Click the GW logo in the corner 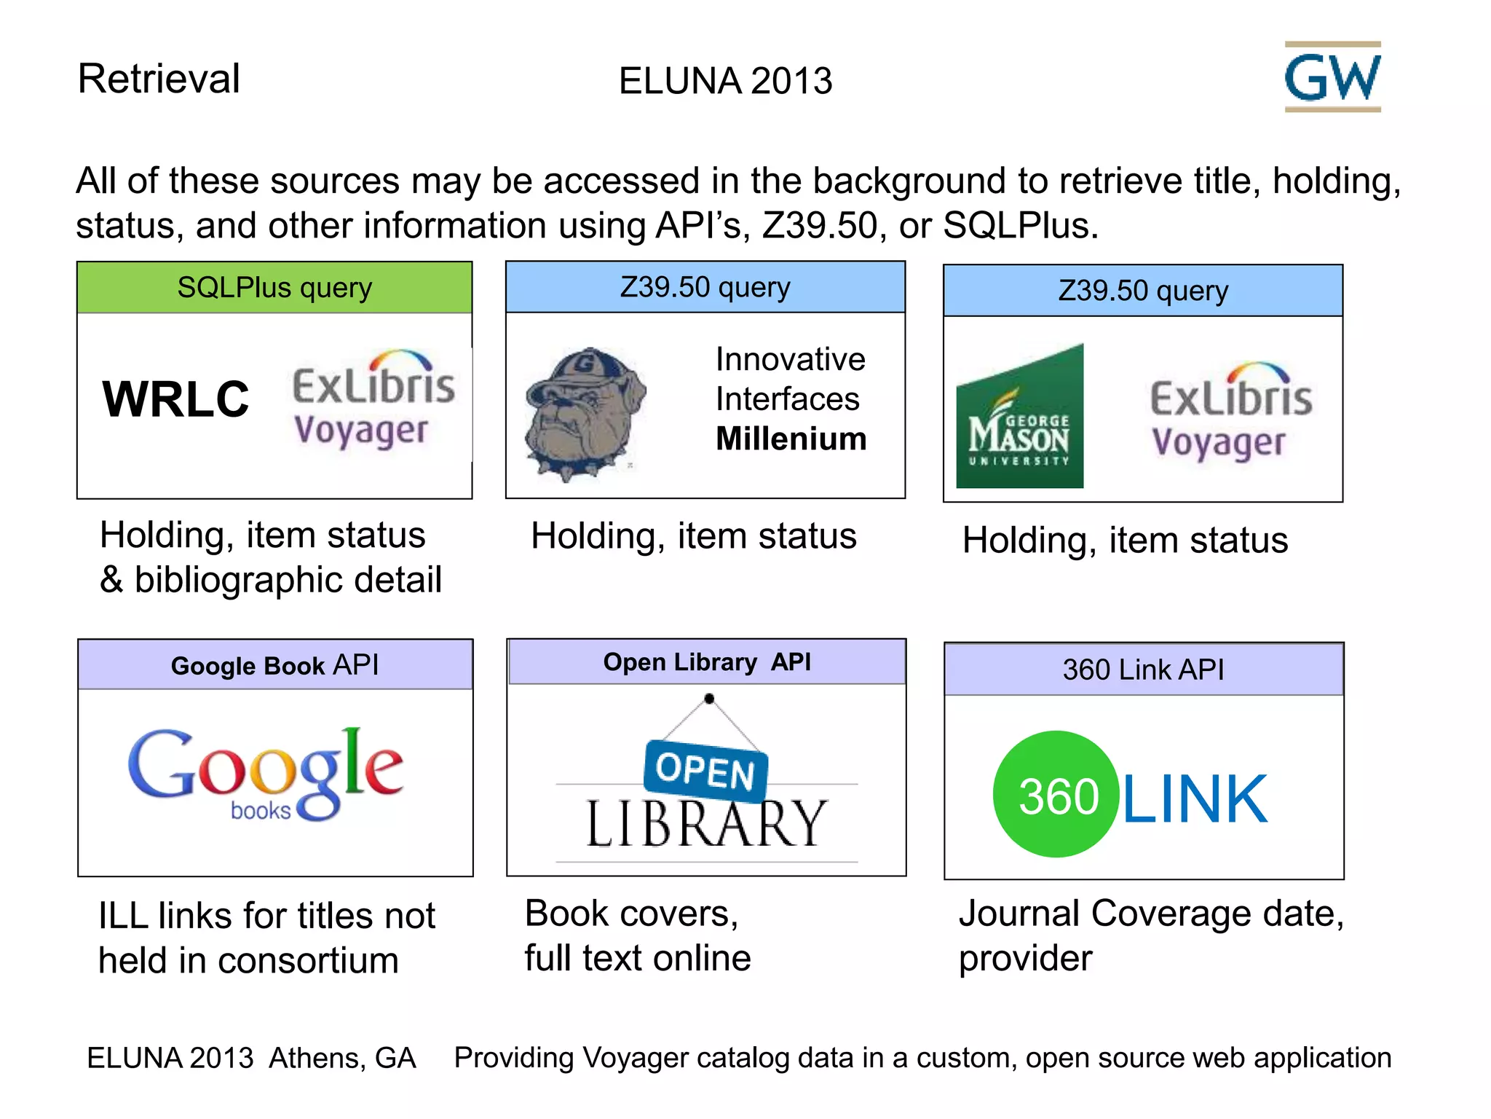1332,77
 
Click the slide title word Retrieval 159,79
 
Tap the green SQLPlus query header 274,288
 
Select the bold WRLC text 175,399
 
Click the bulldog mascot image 585,413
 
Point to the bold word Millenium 791,439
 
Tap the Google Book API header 274,665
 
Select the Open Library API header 706,662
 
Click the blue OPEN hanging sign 705,769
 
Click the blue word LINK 1195,799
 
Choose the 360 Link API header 1143,670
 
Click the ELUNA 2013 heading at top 725,81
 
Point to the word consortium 309,961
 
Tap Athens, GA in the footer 342,1058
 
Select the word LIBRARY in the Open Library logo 706,824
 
